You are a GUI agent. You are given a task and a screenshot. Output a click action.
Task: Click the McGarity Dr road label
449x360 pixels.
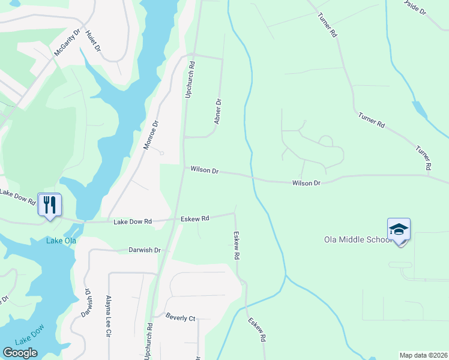(67, 43)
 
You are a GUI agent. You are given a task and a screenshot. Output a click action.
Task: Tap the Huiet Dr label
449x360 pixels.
(93, 40)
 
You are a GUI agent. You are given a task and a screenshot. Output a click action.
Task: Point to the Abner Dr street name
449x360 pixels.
(218, 112)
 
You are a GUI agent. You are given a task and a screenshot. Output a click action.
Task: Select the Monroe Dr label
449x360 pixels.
(151, 135)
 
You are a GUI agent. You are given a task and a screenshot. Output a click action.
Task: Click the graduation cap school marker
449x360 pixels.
(399, 230)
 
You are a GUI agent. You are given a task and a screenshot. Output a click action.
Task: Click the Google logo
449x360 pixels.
(20, 353)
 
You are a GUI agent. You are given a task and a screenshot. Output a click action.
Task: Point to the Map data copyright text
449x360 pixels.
(423, 355)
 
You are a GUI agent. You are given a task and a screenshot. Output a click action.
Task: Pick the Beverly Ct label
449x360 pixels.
(181, 318)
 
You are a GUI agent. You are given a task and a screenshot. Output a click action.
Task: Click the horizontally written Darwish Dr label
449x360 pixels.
(145, 250)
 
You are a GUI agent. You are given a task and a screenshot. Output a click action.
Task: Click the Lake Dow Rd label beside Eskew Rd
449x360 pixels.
(133, 221)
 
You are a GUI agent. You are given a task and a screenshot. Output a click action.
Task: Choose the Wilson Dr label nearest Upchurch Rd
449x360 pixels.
(205, 170)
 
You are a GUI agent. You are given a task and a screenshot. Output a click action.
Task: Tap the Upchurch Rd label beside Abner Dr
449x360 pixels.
(190, 80)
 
